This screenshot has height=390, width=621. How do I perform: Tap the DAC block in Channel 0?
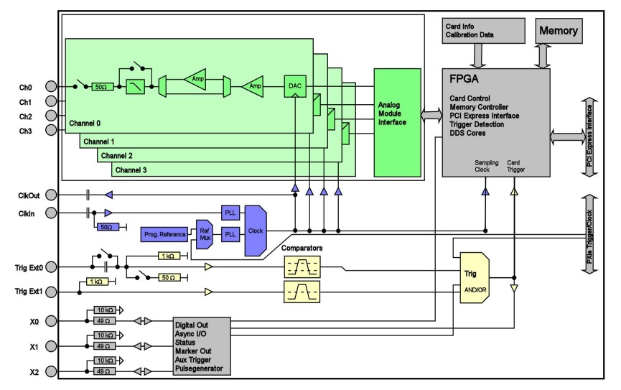(x=295, y=85)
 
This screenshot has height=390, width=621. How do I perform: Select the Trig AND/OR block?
(x=471, y=278)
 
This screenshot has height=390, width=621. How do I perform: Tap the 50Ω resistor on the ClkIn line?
(x=106, y=227)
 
